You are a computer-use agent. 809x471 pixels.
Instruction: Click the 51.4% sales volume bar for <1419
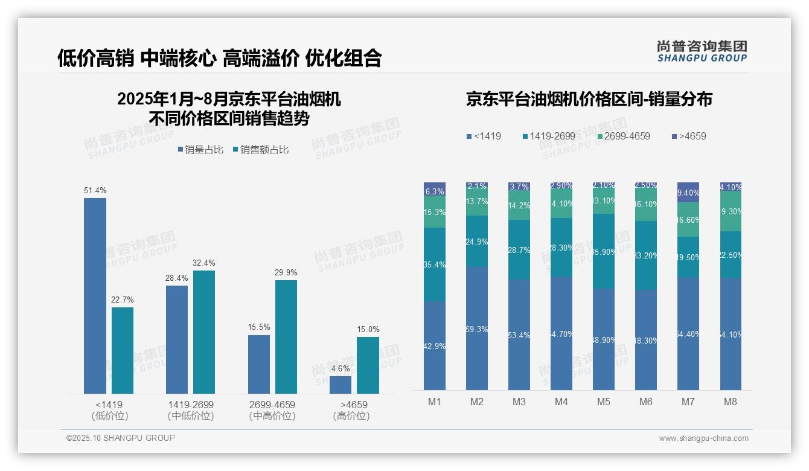[x=95, y=296]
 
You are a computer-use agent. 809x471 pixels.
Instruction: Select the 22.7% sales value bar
[x=123, y=350]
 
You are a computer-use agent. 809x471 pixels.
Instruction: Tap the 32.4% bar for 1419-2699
[x=204, y=332]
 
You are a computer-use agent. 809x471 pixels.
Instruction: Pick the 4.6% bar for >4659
[x=341, y=385]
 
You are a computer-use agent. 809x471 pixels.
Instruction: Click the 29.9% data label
[x=286, y=273]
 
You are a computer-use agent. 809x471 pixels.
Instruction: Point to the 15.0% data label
[x=368, y=330]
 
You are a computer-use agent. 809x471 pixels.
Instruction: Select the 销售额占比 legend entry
[x=260, y=150]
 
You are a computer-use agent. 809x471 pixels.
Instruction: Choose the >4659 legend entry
[x=689, y=136]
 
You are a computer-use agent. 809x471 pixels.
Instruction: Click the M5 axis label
[x=604, y=402]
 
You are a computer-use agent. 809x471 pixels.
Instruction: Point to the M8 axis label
[x=731, y=402]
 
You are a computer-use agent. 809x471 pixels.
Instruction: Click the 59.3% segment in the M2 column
[x=477, y=329]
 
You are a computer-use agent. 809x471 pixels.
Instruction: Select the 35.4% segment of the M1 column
[x=435, y=264]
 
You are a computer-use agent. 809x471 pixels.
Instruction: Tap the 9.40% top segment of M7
[x=688, y=192]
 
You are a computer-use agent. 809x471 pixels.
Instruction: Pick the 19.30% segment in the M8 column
[x=731, y=211]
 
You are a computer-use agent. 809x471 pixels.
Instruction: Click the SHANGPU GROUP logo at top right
[x=702, y=51]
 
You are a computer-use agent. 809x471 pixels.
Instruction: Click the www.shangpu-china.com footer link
[x=703, y=438]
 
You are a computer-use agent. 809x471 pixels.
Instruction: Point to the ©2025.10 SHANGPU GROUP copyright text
[x=121, y=438]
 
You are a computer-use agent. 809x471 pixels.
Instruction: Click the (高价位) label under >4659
[x=351, y=416]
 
